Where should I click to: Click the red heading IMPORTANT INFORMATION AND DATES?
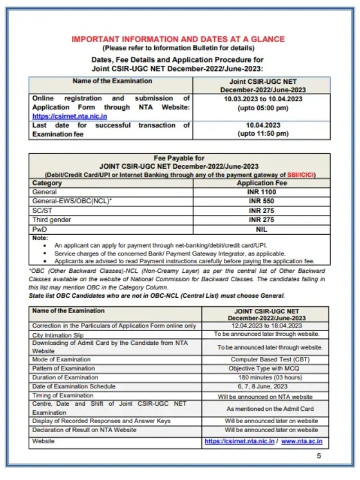click(x=178, y=39)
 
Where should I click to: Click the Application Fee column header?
click(x=262, y=183)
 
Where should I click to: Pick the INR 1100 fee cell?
click(x=262, y=192)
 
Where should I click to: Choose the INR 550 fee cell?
click(x=262, y=201)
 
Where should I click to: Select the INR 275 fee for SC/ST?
click(x=262, y=210)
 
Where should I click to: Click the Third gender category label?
click(x=52, y=219)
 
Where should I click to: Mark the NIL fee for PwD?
click(x=262, y=229)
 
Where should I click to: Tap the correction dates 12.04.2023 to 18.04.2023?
click(x=265, y=326)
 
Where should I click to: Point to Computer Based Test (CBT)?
click(x=265, y=360)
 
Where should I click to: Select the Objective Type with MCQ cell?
click(x=265, y=369)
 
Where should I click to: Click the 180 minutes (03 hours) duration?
click(x=265, y=378)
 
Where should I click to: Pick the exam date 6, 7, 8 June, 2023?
click(x=265, y=387)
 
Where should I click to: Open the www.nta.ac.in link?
click(x=305, y=442)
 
